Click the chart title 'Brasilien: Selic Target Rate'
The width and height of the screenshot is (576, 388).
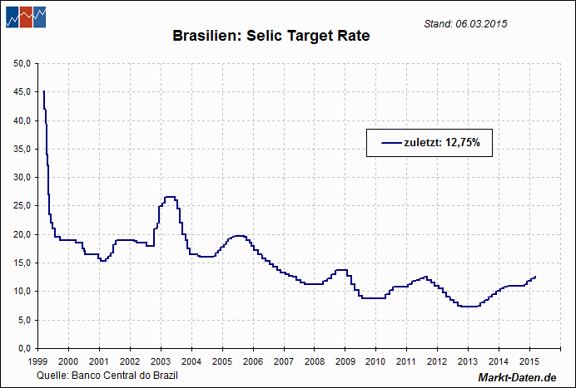click(271, 37)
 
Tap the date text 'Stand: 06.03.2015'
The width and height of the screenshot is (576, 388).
click(465, 23)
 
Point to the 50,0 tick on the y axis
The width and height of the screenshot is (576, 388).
click(23, 63)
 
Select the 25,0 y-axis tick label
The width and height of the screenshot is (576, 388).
click(23, 205)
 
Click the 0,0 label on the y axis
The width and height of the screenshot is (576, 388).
click(25, 347)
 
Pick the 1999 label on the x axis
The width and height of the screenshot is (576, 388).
click(37, 361)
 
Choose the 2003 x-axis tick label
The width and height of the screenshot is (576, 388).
click(160, 361)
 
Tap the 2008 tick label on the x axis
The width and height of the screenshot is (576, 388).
click(314, 361)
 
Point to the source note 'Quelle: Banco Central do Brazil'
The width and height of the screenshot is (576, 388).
click(107, 376)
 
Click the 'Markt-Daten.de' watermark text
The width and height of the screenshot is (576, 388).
click(517, 378)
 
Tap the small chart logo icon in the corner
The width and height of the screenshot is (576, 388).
click(26, 17)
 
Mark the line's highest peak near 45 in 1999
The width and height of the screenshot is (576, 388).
click(44, 91)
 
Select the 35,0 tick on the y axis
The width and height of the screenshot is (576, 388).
click(23, 149)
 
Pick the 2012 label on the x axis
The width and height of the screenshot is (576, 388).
click(437, 361)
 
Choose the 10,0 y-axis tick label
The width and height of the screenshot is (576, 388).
click(23, 291)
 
